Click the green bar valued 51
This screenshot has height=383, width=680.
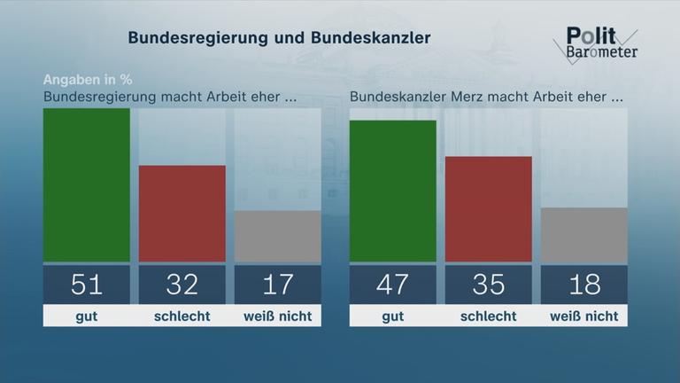(87, 185)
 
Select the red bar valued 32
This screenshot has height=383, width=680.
(182, 214)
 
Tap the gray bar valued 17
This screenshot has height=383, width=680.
(277, 236)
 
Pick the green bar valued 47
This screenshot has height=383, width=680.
(393, 191)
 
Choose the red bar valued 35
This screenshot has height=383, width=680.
(488, 209)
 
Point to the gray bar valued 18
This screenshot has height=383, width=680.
(583, 235)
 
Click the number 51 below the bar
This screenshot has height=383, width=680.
(87, 284)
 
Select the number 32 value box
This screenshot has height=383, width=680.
(182, 284)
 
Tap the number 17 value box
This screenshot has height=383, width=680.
(277, 284)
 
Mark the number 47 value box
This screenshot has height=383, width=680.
(393, 284)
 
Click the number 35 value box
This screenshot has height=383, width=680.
(488, 284)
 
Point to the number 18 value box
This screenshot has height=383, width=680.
(583, 284)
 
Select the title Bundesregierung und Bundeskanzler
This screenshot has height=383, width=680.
(279, 38)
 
